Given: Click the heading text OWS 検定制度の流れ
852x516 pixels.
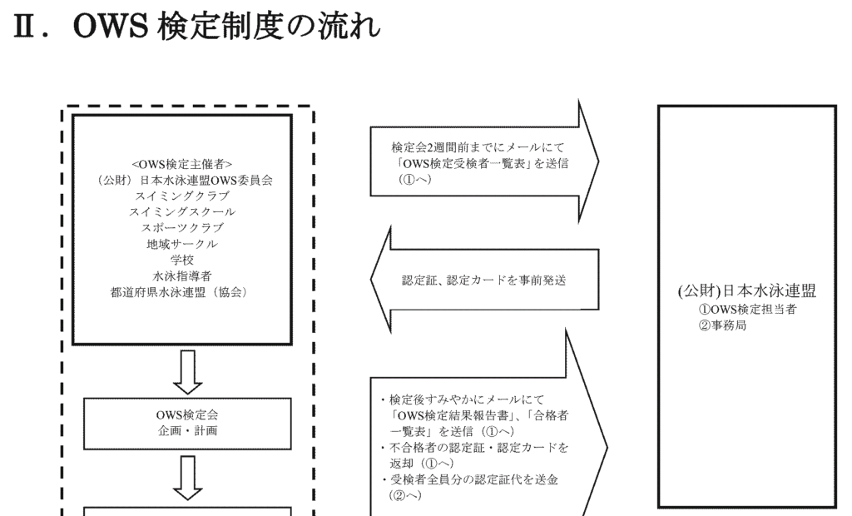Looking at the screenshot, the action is (x=225, y=26).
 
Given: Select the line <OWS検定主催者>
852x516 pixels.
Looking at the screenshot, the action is (x=182, y=164).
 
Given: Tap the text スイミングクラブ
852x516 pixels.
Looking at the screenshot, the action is (x=182, y=196).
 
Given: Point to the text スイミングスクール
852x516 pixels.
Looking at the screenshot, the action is (x=182, y=211).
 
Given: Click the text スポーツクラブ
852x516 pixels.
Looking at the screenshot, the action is (x=182, y=228).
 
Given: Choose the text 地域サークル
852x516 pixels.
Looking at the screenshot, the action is (x=182, y=244).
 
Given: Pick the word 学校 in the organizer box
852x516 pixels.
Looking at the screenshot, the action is (x=182, y=260).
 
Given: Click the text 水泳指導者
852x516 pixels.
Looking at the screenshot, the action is (x=182, y=276).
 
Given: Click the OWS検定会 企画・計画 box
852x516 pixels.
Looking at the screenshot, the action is (x=187, y=424).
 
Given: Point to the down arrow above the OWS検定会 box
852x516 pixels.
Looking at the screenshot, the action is (x=187, y=372).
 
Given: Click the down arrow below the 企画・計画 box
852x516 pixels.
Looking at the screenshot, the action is (x=187, y=478).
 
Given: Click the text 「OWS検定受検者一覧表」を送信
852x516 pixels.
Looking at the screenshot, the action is (x=480, y=163).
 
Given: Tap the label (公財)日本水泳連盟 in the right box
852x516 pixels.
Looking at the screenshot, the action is (x=746, y=291).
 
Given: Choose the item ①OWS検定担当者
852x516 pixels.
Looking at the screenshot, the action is (x=748, y=310).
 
